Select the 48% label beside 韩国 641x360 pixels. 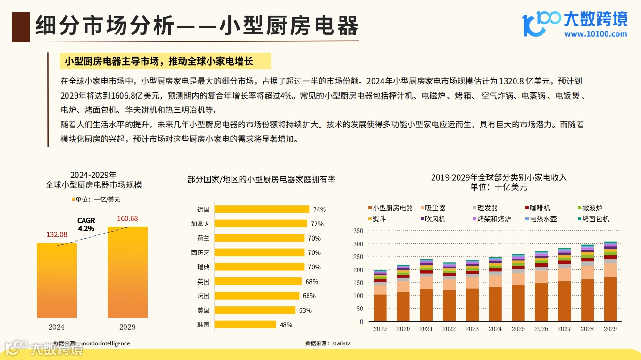(286, 325)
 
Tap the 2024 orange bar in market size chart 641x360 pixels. (57, 280)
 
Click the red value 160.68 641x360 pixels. (127, 218)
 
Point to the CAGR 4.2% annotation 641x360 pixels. (86, 225)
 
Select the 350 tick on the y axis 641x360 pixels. (358, 231)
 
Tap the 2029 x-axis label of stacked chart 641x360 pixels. (610, 329)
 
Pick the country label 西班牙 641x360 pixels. (200, 252)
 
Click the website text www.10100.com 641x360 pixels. (595, 34)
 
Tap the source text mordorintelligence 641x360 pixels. (105, 343)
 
